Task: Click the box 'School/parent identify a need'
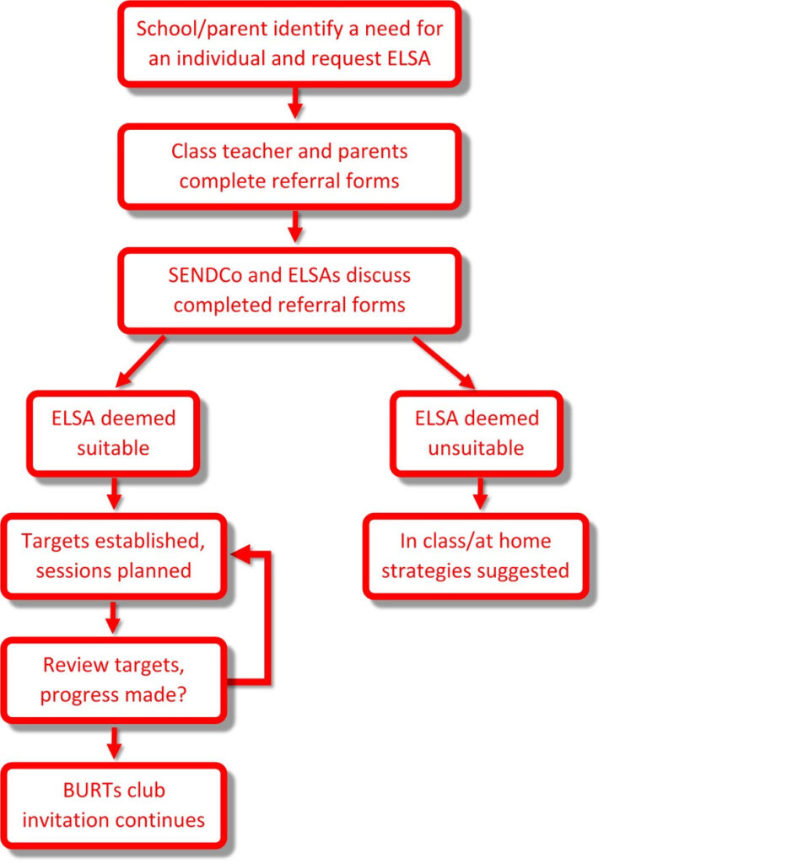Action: (x=289, y=44)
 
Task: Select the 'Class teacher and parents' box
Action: (x=289, y=166)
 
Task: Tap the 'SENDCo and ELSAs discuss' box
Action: (x=289, y=290)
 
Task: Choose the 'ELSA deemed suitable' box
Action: (x=113, y=434)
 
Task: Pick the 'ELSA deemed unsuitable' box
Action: (x=477, y=434)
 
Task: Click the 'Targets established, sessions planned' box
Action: (x=113, y=557)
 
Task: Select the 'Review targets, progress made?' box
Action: (x=113, y=681)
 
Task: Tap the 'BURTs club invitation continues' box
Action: (x=113, y=806)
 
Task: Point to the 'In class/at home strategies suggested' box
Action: (x=476, y=557)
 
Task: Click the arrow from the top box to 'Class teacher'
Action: (x=295, y=102)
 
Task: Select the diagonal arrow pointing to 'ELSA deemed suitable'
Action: (x=140, y=361)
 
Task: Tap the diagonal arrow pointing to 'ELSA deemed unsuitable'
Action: (x=444, y=362)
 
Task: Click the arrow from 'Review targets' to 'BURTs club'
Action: (x=114, y=742)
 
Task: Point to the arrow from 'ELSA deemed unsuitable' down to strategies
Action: (x=480, y=493)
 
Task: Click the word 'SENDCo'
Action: (x=206, y=275)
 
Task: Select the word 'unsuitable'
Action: (x=476, y=448)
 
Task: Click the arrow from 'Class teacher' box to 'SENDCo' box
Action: (x=295, y=226)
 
